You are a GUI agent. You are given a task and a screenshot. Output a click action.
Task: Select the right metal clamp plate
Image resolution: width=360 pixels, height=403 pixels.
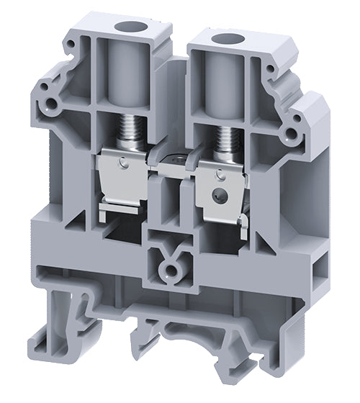tap(220, 187)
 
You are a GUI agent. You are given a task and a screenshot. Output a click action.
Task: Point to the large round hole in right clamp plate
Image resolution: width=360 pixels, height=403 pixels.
tap(215, 194)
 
